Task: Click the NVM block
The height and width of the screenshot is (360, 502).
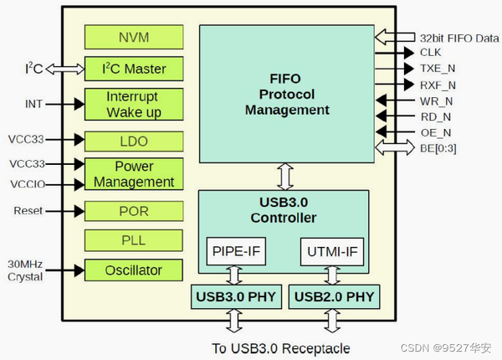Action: [134, 36]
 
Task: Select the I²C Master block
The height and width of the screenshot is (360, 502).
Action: [134, 69]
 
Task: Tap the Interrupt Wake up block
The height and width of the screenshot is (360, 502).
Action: [134, 105]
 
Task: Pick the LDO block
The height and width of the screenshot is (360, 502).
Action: [134, 141]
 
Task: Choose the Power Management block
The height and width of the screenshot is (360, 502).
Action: [134, 174]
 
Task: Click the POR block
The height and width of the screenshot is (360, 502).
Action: [134, 211]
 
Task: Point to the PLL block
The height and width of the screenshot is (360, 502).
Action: [134, 241]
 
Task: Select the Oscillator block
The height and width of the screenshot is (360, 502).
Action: [134, 270]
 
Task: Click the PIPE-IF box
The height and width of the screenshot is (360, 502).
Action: [235, 251]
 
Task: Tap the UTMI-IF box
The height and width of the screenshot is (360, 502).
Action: [331, 251]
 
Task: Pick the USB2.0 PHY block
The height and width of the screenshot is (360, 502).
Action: [333, 296]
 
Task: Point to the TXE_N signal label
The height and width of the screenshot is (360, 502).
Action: [438, 68]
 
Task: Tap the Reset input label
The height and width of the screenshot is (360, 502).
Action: [28, 211]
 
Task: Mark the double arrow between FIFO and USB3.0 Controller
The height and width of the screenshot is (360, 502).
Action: [285, 177]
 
